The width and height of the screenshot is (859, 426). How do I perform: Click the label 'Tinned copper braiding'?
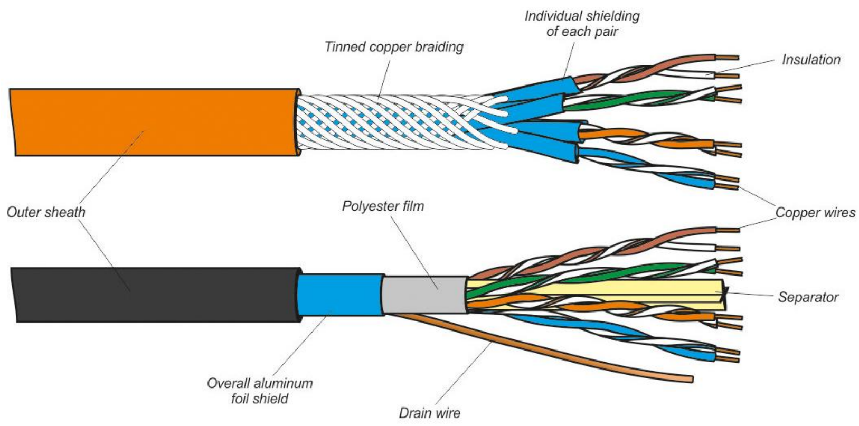pos(394,47)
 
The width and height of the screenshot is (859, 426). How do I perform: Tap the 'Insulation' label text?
pos(811,60)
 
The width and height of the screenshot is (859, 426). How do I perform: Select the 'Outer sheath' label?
pos(46,212)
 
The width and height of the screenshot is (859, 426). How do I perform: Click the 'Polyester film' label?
pos(383,206)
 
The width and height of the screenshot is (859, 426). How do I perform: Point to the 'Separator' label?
pos(808,297)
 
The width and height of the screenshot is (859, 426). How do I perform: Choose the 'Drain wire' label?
pos(429,413)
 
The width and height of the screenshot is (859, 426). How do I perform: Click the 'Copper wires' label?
pos(815,213)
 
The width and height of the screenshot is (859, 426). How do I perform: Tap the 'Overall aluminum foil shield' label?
pos(259,391)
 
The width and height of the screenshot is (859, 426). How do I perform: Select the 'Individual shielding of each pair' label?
pos(582,24)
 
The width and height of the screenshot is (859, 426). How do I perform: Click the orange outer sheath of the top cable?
pos(153,121)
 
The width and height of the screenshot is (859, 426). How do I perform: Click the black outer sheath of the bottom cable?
pos(153,295)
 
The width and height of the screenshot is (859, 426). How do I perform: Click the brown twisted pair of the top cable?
pos(660,67)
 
